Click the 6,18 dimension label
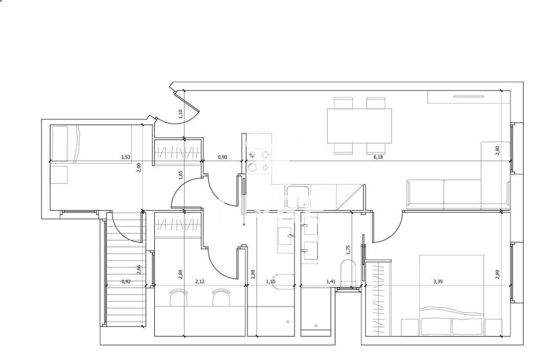tap(378, 157)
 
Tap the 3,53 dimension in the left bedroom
tap(125, 157)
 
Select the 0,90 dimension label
tap(222, 157)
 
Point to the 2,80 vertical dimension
tap(497, 150)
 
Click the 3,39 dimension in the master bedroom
tap(438, 282)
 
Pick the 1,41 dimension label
tap(331, 282)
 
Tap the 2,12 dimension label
tap(200, 282)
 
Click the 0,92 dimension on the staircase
tap(126, 282)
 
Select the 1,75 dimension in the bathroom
tap(348, 250)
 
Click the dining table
tap(359, 126)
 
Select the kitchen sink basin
tap(298, 197)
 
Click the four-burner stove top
tap(259, 161)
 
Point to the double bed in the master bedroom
tap(452, 295)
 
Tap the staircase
tap(126, 269)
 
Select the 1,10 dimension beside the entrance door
tap(180, 114)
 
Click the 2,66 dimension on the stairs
tap(139, 269)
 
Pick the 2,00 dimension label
tap(139, 168)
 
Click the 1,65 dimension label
tap(180, 175)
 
